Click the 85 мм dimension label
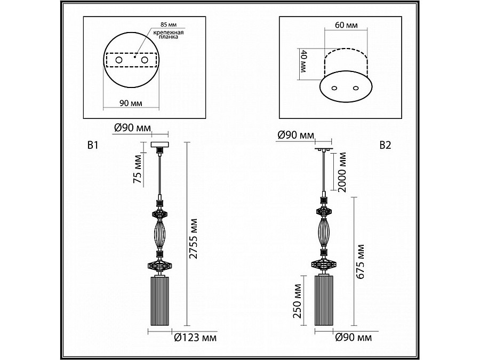pos(169,25)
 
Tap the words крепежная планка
pos(169,35)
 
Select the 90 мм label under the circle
pos(131,103)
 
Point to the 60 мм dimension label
pos(346,25)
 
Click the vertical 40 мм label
pos(303,61)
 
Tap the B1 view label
pos(93,145)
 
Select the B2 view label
pos(385,145)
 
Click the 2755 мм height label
pos(193,238)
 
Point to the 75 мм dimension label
pos(138,169)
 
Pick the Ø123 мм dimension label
pos(195,338)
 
